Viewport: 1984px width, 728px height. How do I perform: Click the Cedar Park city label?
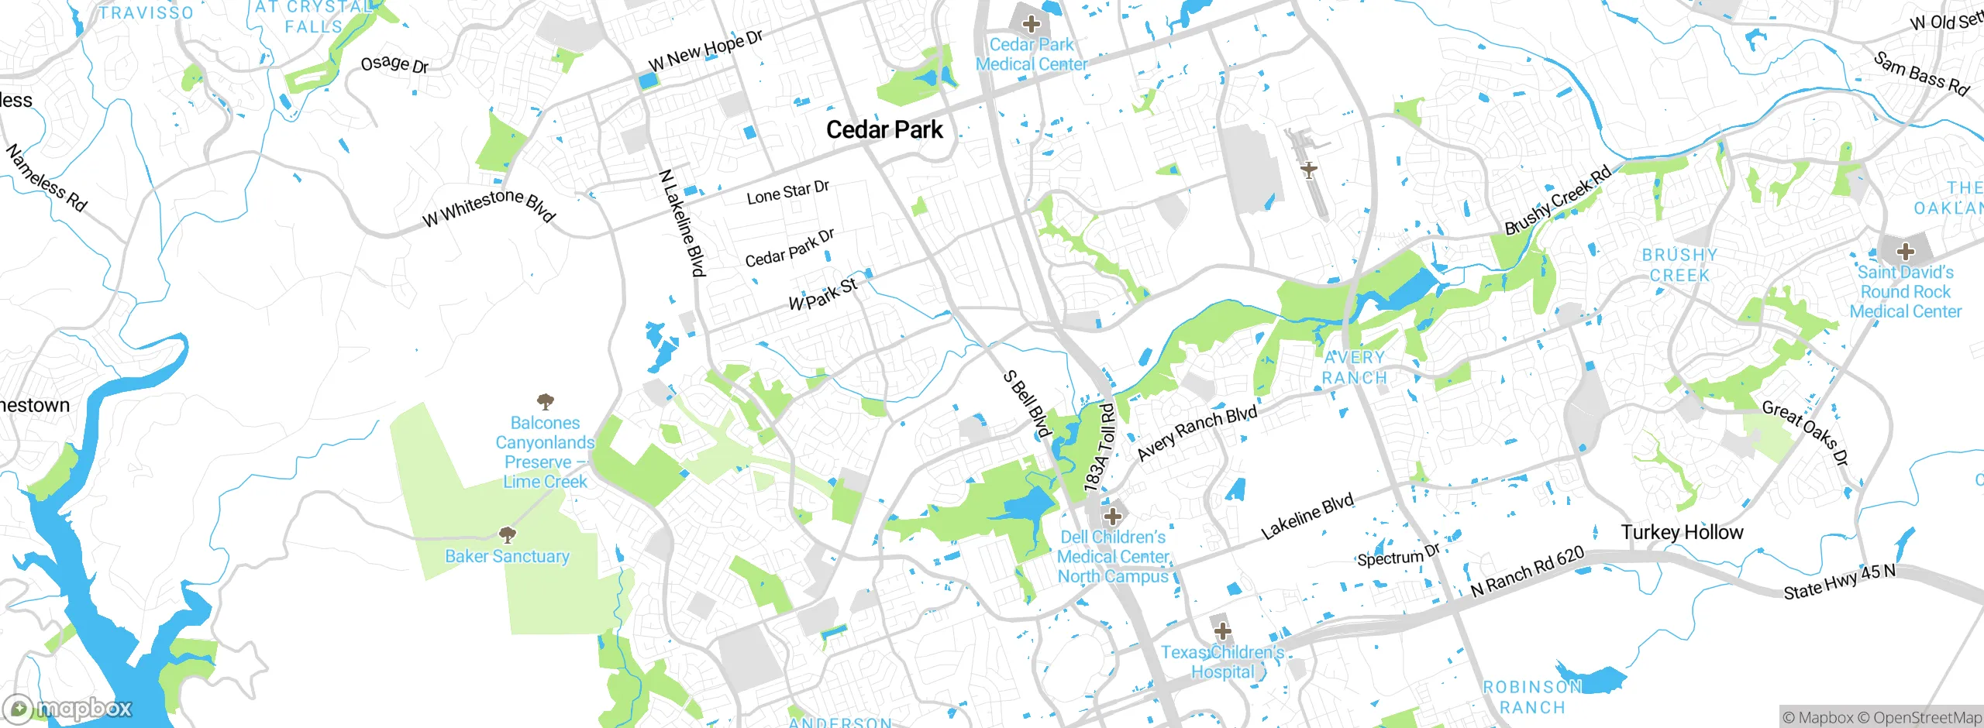tap(884, 129)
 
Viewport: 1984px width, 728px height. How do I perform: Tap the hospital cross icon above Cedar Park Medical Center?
tap(1031, 24)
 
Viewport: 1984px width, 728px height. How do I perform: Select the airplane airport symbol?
tap(1309, 170)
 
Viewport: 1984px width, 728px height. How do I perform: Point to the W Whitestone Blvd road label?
tap(488, 207)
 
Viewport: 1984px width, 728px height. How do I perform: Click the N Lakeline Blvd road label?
tap(682, 223)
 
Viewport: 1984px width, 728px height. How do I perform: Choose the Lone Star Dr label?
tap(787, 192)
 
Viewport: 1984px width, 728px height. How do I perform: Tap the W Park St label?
tap(823, 294)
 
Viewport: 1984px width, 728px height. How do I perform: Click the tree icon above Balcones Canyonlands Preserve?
tap(546, 401)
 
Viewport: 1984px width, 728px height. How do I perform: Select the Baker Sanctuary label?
tap(507, 556)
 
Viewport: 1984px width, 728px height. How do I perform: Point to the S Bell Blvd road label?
tap(1028, 404)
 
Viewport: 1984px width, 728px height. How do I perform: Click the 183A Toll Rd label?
tap(1100, 448)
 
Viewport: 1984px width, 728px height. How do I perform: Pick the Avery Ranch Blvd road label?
tap(1197, 433)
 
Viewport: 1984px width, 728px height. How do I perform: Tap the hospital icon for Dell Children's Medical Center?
tap(1113, 516)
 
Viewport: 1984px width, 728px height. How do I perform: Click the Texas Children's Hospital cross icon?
tap(1222, 630)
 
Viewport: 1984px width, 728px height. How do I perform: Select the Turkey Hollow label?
tap(1682, 532)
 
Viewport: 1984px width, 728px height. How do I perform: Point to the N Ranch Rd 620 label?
tap(1528, 572)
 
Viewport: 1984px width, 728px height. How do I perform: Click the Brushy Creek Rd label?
tap(1558, 201)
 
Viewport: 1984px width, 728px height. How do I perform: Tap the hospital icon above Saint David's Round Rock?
tap(1906, 252)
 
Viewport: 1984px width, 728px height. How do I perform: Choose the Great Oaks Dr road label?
tap(1806, 433)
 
